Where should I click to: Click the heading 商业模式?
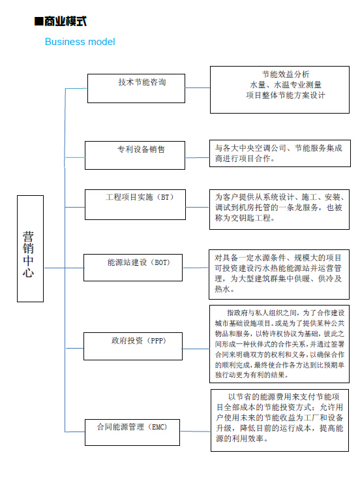point(65,22)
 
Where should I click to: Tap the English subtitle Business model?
point(80,42)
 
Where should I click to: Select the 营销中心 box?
point(30,249)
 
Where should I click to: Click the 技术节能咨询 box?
point(136,88)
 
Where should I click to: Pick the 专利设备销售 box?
point(135,155)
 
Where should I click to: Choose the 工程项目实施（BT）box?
point(135,205)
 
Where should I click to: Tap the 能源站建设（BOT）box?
point(133,268)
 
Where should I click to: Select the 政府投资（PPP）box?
point(133,346)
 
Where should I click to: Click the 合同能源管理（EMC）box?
point(132,432)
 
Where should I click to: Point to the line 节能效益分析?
point(286,74)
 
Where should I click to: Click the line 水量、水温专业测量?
point(286,85)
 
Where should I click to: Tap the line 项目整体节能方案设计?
point(286,95)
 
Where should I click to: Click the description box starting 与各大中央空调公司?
point(280,153)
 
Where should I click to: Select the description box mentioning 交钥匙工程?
point(279,210)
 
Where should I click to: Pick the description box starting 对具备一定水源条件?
point(279,274)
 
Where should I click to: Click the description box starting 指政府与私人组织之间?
point(279,344)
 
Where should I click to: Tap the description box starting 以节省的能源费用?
point(280,420)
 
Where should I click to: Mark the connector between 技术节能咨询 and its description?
point(198,88)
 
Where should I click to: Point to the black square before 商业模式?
point(38,22)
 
